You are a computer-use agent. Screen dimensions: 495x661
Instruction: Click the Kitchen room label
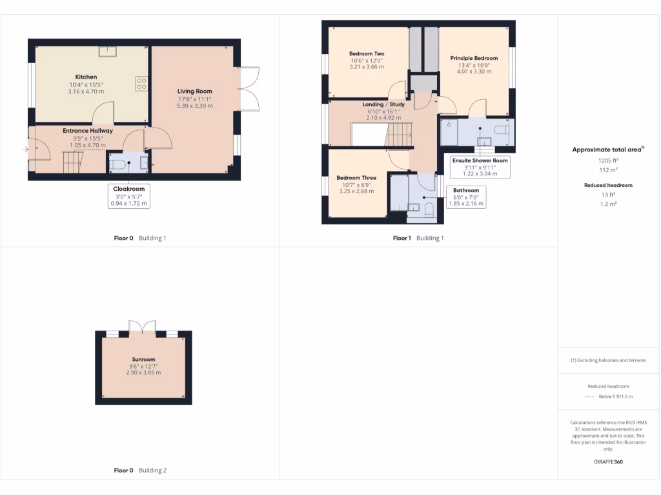point(86,77)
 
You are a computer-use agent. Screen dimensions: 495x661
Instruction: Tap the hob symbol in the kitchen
point(140,83)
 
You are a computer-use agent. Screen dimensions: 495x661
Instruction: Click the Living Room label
point(194,91)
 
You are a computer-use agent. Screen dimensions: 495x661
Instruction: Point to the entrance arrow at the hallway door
point(25,150)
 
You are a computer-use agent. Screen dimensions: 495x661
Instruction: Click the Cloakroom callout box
point(129,196)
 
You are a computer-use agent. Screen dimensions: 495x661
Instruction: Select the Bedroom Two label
point(367,53)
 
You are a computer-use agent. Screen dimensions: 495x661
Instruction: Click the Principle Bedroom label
point(474,58)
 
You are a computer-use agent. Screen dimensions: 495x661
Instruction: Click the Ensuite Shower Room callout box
point(480,167)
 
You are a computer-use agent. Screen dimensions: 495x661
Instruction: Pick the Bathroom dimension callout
point(465,197)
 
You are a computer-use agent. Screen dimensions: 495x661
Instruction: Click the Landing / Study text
point(383,104)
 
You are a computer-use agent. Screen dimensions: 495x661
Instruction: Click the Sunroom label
point(143,360)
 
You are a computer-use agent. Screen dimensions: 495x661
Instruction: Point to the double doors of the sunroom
point(143,327)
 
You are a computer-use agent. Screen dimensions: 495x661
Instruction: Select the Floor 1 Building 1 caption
point(418,238)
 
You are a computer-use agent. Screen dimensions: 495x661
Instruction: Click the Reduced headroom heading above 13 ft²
point(607,185)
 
